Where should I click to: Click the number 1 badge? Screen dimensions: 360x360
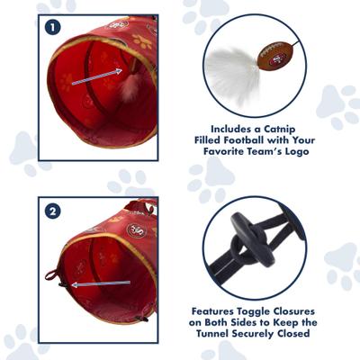(52, 27)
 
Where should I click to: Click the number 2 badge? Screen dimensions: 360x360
(52, 212)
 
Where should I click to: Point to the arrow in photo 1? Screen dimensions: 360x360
(99, 79)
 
